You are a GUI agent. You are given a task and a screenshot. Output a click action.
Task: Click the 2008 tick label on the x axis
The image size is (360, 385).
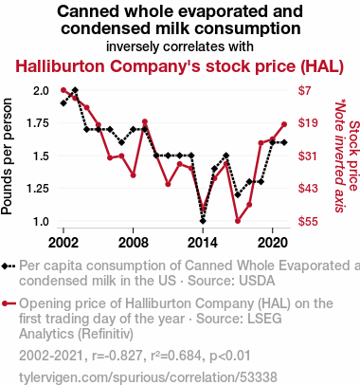[x=133, y=243]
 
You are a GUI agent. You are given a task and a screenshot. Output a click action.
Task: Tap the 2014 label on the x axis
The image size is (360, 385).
[x=203, y=243]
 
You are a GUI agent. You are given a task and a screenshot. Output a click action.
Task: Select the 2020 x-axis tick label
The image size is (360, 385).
[x=272, y=243]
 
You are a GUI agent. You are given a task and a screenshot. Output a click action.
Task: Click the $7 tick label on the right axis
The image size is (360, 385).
[x=304, y=91]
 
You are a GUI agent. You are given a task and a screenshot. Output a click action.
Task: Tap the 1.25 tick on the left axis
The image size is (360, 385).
[x=38, y=189]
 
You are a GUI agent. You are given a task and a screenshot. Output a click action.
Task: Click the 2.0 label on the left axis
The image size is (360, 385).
[x=41, y=91]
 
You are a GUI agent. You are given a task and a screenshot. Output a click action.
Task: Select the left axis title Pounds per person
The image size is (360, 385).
[x=7, y=156]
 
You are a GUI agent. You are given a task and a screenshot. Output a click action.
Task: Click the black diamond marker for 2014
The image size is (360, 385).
[x=203, y=221]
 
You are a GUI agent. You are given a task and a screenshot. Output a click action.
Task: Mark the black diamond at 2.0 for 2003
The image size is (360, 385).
[x=75, y=90]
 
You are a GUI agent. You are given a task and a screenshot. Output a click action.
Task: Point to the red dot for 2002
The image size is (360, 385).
[x=63, y=90]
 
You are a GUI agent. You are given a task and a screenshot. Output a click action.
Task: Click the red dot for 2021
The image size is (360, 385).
[x=284, y=124]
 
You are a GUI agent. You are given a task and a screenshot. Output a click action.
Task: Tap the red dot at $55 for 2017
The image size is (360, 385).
[x=238, y=221]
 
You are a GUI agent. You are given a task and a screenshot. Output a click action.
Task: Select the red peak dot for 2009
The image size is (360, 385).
[x=145, y=121]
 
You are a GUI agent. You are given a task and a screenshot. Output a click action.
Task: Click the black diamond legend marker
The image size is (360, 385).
[x=5, y=266]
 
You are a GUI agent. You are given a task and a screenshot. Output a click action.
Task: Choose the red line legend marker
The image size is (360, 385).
[x=9, y=303]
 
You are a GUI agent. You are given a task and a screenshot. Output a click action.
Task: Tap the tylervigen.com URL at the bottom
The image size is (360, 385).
[x=148, y=377]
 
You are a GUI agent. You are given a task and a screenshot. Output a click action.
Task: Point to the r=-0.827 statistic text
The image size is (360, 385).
[x=117, y=356]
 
